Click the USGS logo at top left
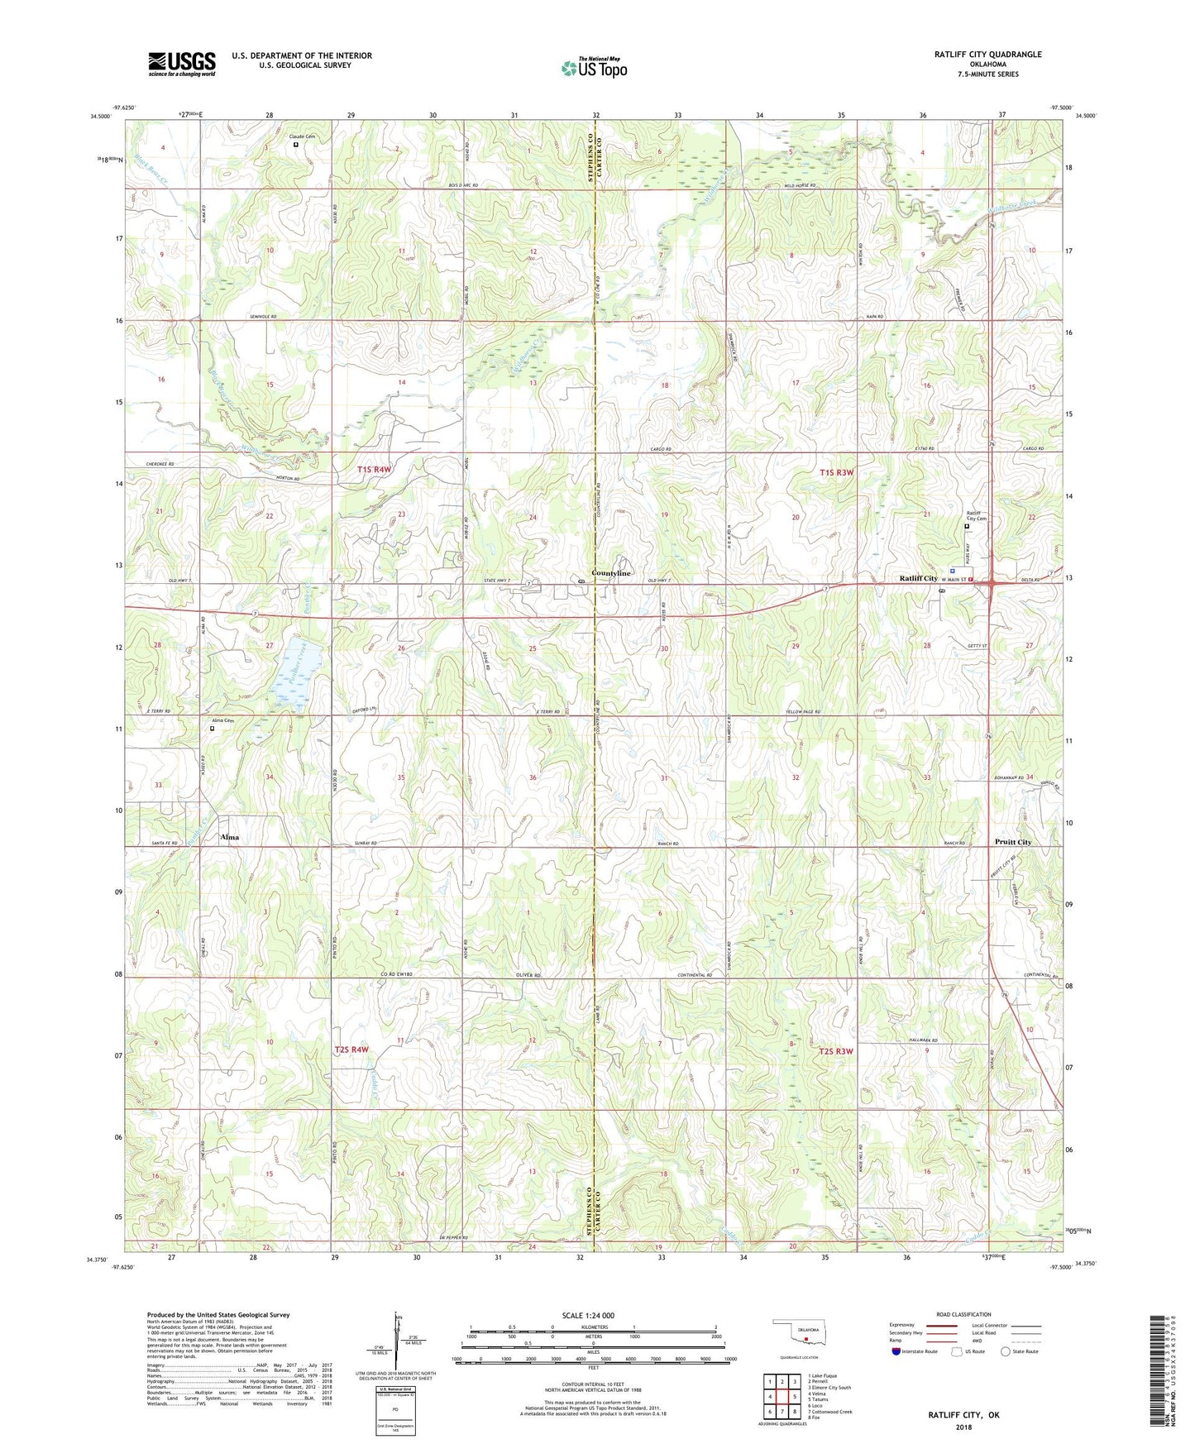pyautogui.click(x=182, y=63)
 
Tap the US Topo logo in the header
pyautogui.click(x=593, y=68)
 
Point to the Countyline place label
pyautogui.click(x=611, y=573)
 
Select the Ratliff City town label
pyautogui.click(x=918, y=578)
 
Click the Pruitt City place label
pyautogui.click(x=1012, y=842)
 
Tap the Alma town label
pyautogui.click(x=229, y=837)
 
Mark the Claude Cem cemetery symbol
pyautogui.click(x=296, y=144)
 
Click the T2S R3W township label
pyautogui.click(x=835, y=1051)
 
